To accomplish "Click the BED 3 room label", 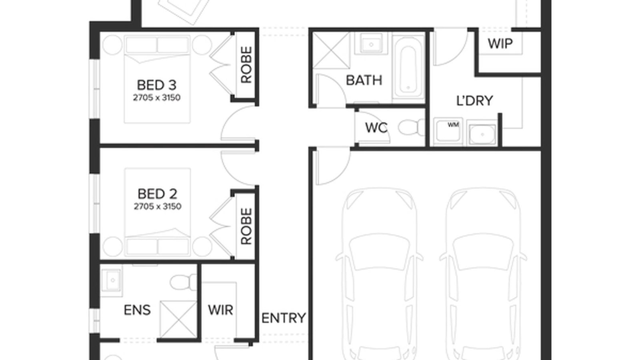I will coord(156,85).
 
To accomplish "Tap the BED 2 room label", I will coord(157,194).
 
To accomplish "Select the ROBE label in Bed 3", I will coord(246,64).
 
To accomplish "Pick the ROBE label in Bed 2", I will coord(246,226).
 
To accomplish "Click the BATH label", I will coord(364,80).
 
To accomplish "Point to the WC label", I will coord(376,128).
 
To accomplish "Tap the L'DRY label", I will coord(474,100).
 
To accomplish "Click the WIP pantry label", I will coord(500,43).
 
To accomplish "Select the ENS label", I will coord(137,310).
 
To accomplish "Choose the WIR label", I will coord(220,310).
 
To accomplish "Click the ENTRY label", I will coord(284,318).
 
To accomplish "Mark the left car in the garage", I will coord(378,272).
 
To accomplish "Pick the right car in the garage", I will coord(483,272).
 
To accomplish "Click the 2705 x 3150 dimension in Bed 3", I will coord(157,98).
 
